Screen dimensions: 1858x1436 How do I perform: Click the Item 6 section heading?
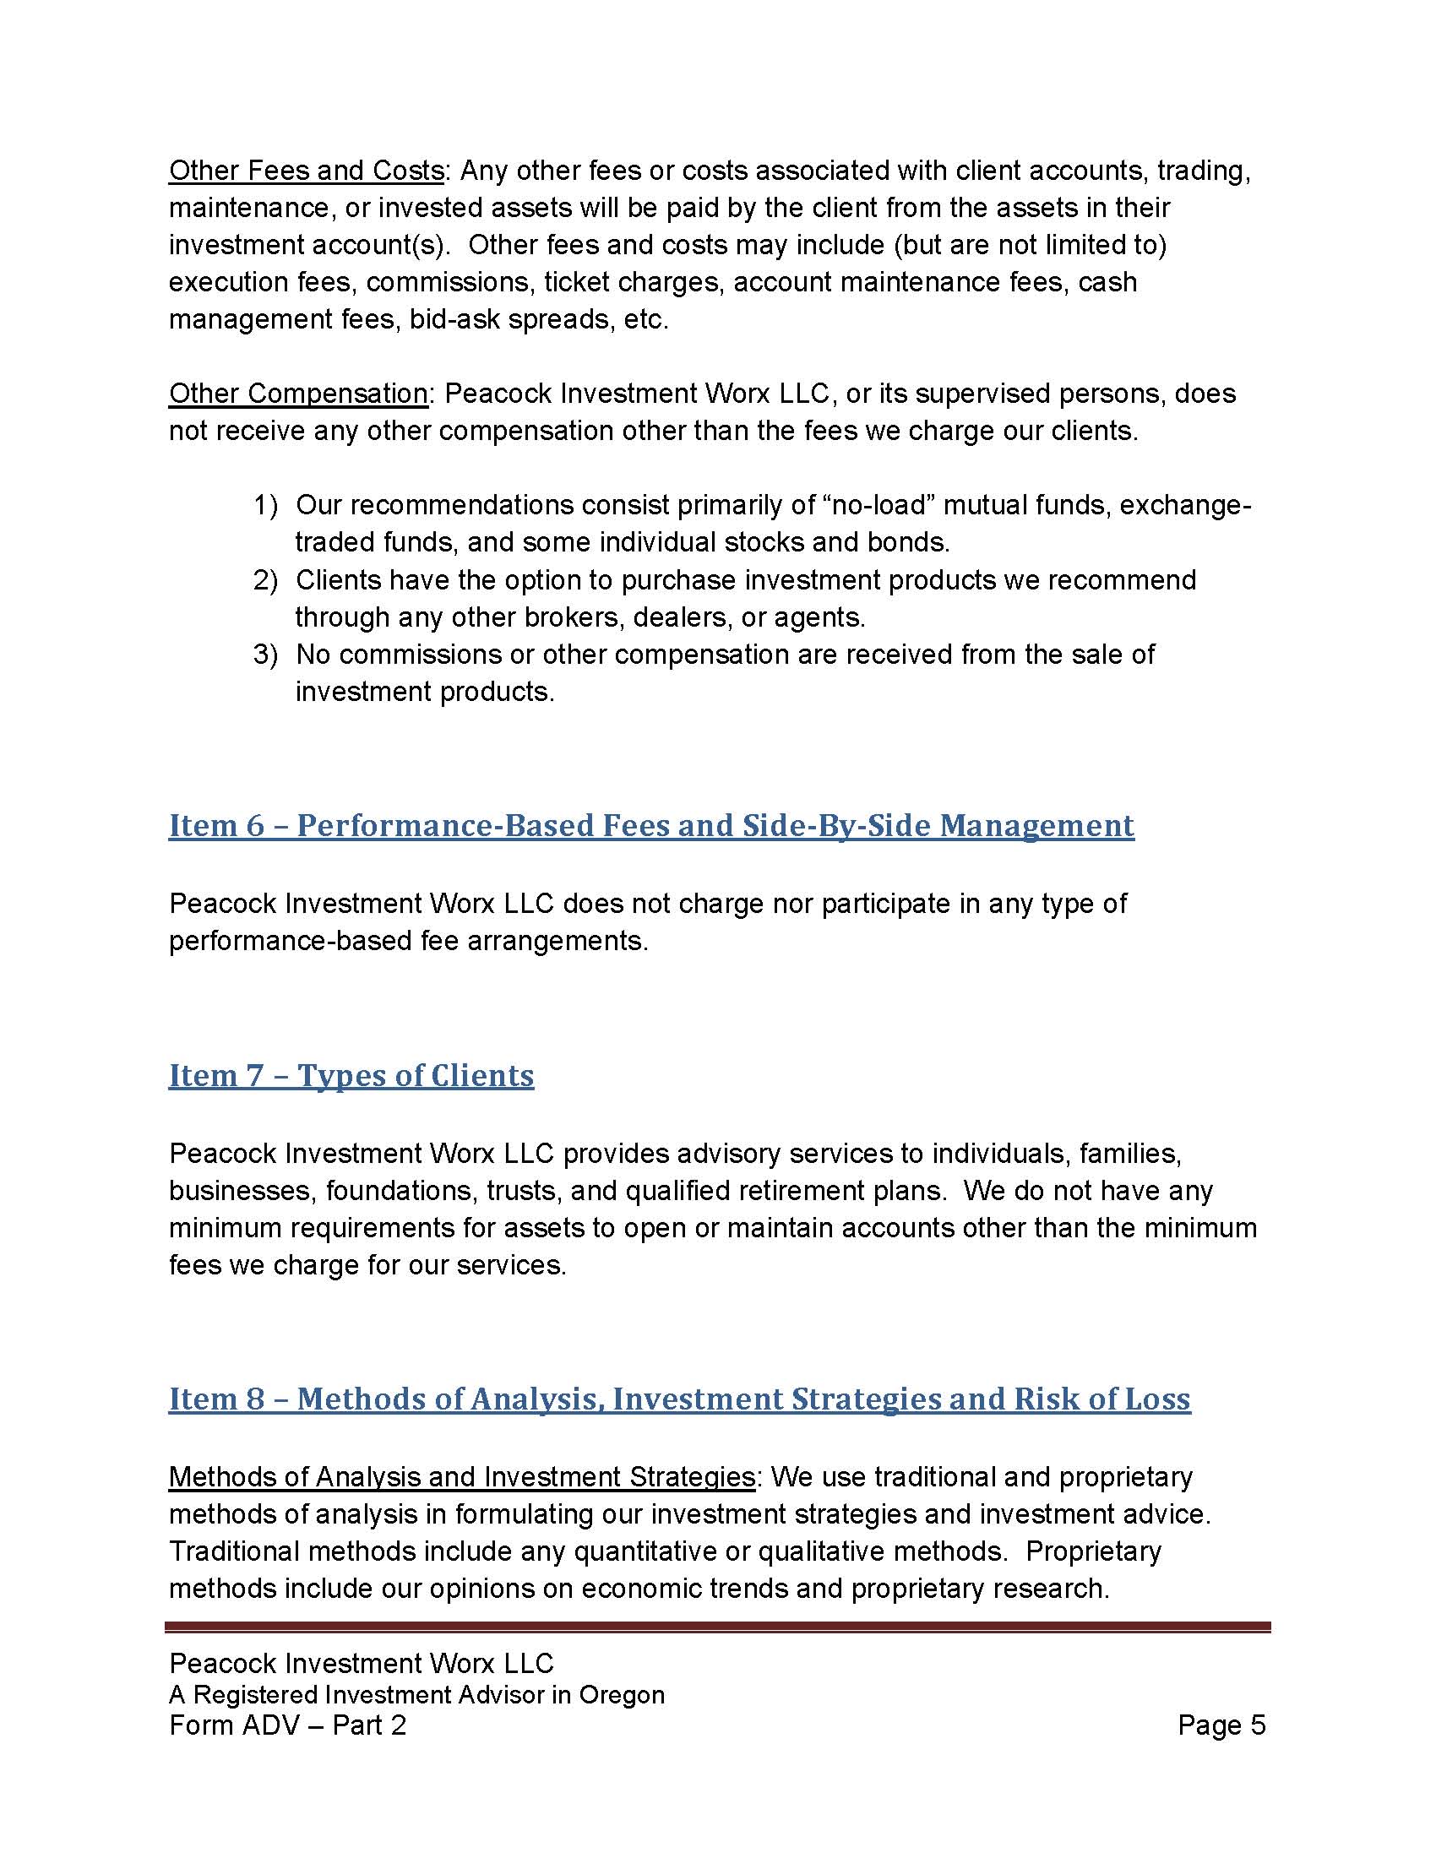(x=650, y=826)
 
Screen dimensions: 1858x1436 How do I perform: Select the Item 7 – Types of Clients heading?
(x=351, y=1076)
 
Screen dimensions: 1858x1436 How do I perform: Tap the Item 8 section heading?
(x=679, y=1399)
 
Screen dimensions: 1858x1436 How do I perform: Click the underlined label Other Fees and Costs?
(x=307, y=171)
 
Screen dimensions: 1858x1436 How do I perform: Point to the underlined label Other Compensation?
(x=297, y=394)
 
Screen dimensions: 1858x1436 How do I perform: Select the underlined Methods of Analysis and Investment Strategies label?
(x=461, y=1478)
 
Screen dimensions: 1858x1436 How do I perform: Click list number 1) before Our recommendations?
(x=265, y=505)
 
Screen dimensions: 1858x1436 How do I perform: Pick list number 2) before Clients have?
(x=265, y=580)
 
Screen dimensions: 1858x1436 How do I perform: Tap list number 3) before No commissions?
(x=265, y=655)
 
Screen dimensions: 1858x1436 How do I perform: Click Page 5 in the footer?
(x=1221, y=1725)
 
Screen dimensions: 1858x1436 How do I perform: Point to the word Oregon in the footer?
(x=622, y=1695)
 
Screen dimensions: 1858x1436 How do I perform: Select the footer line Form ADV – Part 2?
(x=287, y=1725)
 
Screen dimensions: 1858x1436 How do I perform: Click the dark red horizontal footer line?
(x=717, y=1626)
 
